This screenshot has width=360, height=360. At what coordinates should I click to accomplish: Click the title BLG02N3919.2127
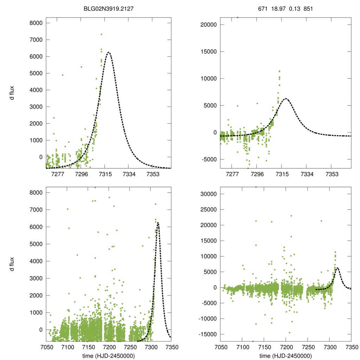click(109, 7)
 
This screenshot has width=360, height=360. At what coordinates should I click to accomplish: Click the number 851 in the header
click(308, 7)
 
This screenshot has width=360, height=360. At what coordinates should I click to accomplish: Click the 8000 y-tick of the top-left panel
click(36, 23)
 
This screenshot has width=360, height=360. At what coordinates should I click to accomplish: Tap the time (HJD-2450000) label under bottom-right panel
click(286, 356)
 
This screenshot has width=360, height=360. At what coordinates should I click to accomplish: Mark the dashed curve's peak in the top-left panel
click(109, 52)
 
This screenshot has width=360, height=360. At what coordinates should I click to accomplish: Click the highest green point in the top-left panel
click(101, 34)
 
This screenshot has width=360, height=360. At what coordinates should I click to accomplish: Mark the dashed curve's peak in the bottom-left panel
click(158, 223)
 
